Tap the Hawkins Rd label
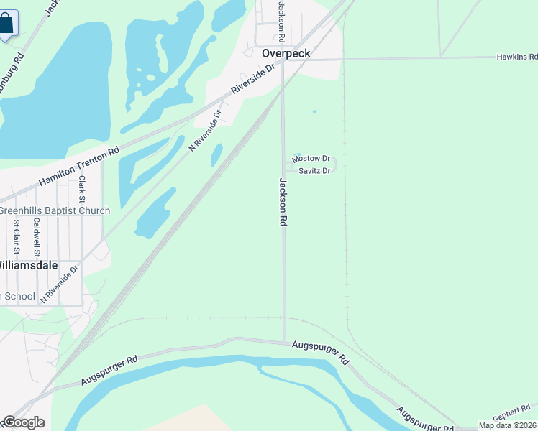(x=516, y=57)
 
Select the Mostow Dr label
(x=311, y=158)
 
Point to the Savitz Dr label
(x=314, y=170)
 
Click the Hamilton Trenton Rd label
(x=79, y=167)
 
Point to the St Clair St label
(x=16, y=238)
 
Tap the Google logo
(x=23, y=422)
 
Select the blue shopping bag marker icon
(x=6, y=23)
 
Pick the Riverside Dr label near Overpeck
(x=254, y=80)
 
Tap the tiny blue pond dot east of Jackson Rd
(x=314, y=111)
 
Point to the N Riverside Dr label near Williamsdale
(x=59, y=284)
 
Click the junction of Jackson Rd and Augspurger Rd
(x=285, y=342)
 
